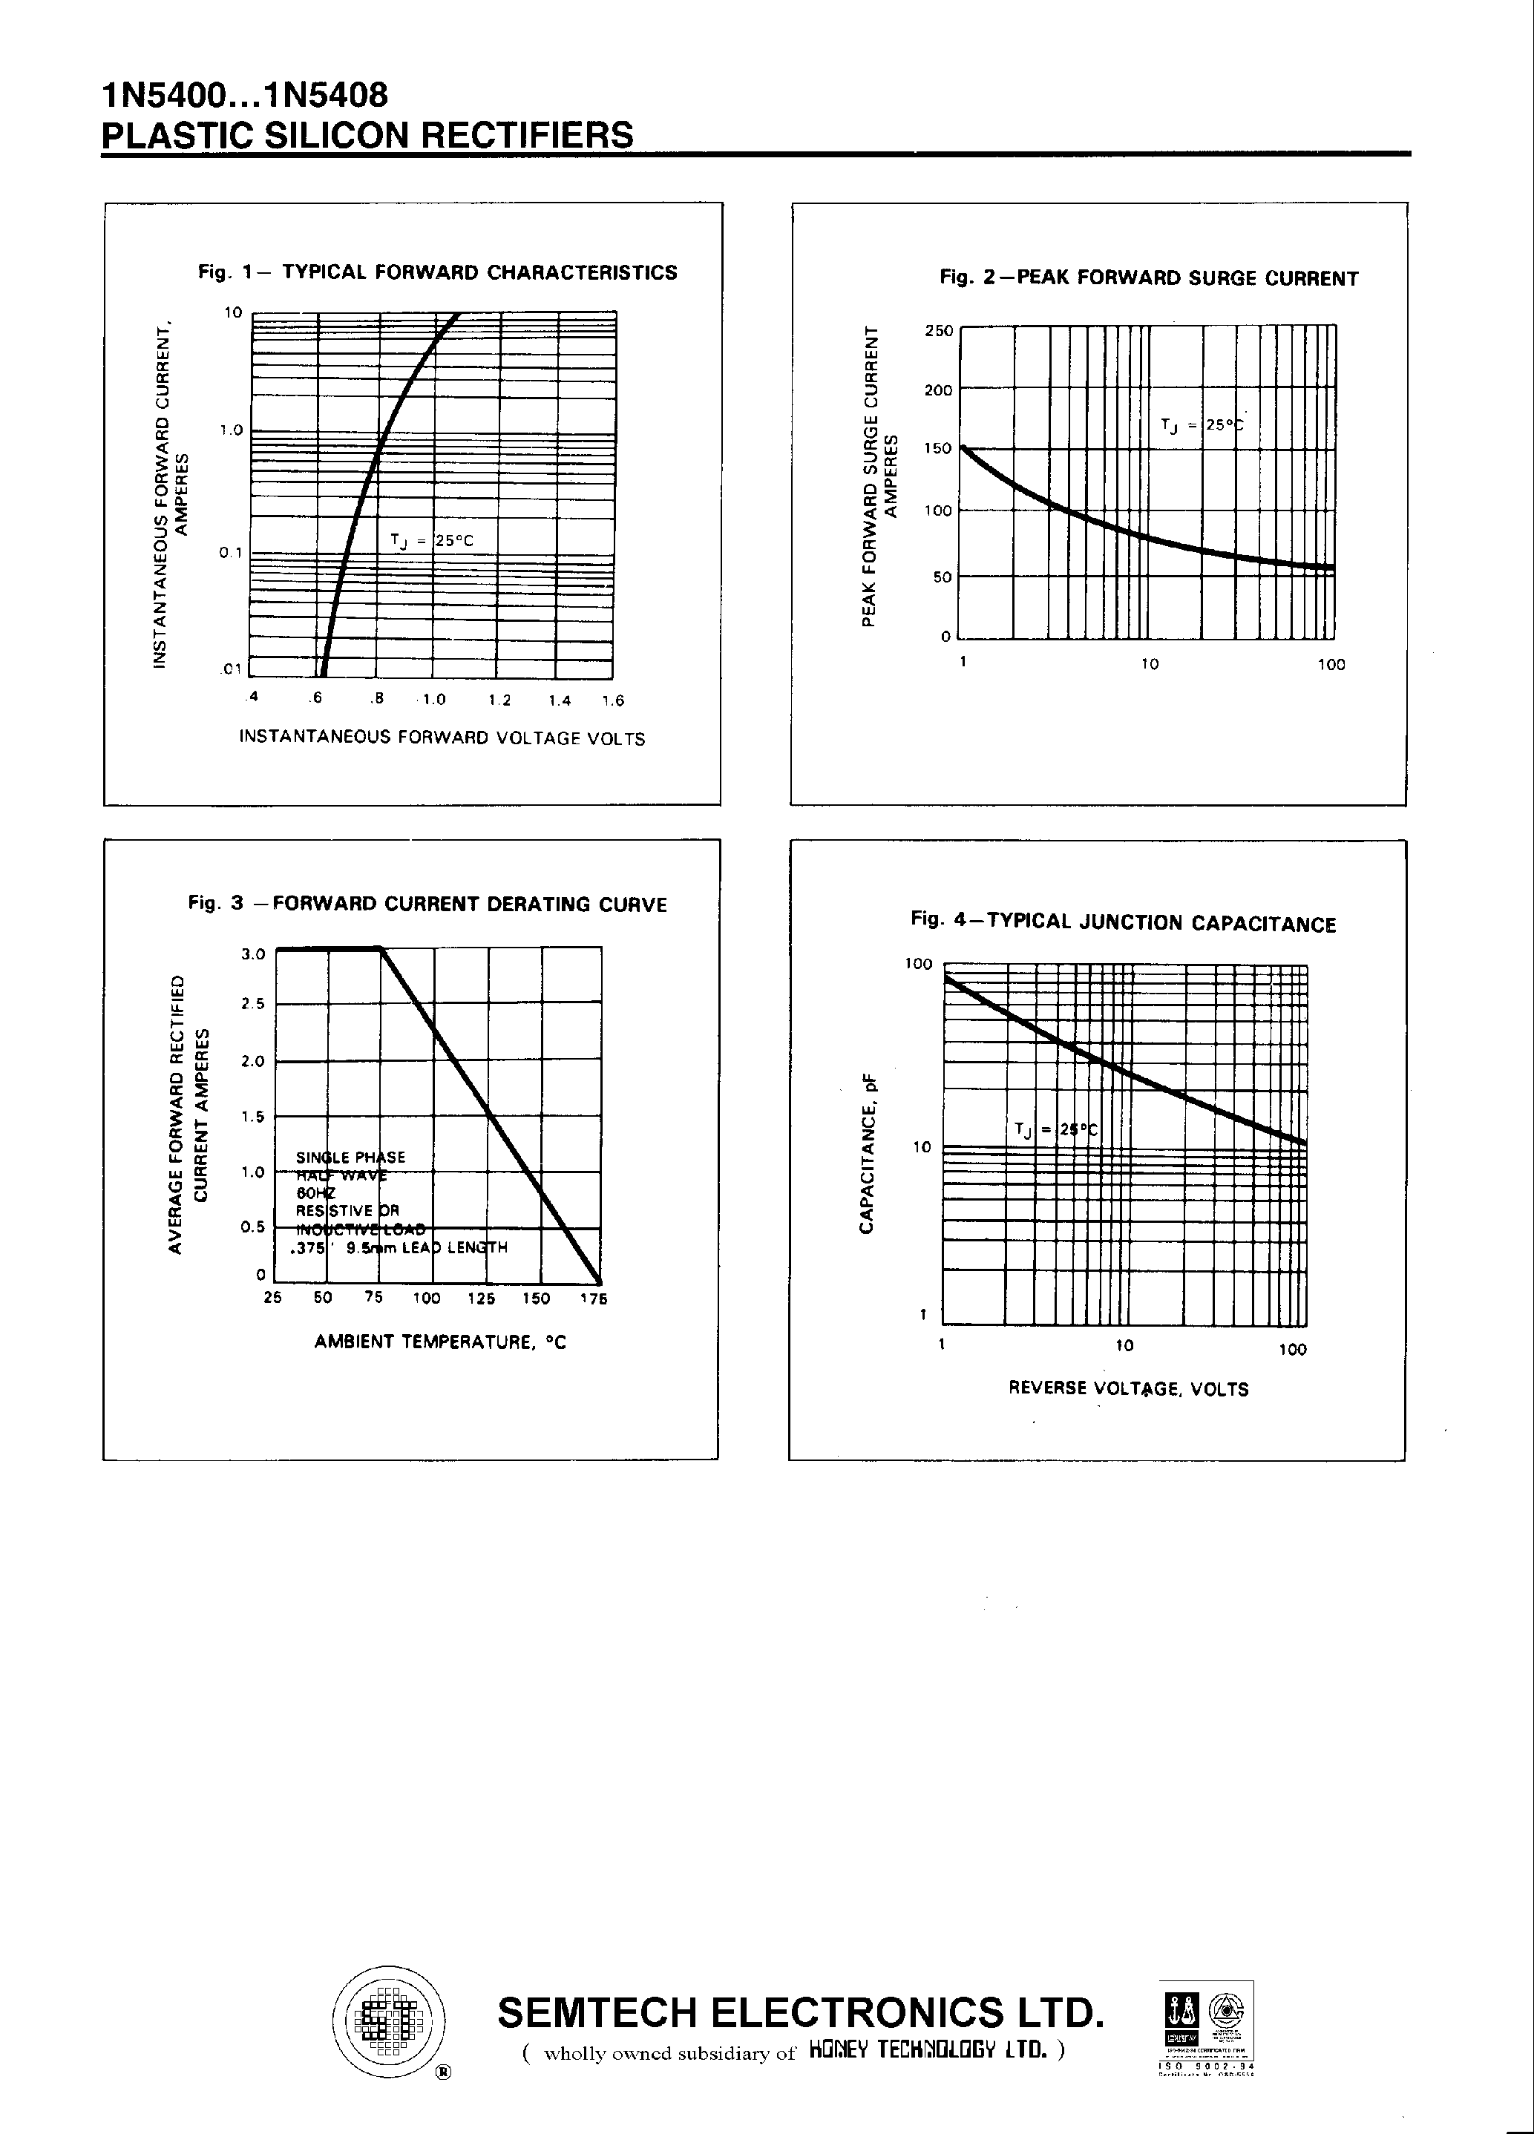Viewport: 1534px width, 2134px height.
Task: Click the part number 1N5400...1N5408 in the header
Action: click(243, 96)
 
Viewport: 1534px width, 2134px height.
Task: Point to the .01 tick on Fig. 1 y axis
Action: click(232, 669)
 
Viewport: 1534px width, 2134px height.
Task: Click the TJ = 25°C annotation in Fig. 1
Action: click(432, 541)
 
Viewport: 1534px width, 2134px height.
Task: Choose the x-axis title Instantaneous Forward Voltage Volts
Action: click(442, 738)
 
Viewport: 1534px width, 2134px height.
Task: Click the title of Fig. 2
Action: click(1149, 278)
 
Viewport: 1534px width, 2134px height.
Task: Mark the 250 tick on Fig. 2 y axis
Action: click(938, 331)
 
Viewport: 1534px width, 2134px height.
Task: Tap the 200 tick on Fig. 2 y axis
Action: click(938, 390)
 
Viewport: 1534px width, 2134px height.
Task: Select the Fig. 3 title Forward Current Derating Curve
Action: click(427, 905)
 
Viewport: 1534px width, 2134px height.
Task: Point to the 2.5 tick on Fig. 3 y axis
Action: click(253, 1004)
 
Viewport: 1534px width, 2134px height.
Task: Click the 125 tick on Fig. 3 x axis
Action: click(481, 1299)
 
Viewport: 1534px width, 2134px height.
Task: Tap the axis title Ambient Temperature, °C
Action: click(440, 1342)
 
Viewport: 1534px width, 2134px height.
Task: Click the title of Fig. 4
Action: click(1123, 922)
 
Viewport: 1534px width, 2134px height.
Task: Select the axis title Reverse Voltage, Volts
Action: click(1128, 1389)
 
